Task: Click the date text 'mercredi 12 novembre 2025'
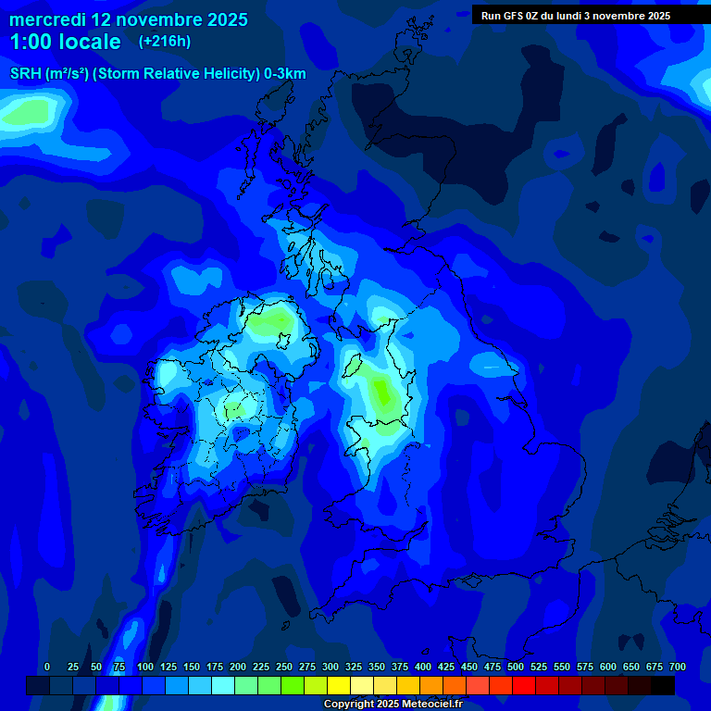(x=129, y=19)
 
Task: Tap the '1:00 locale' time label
(x=65, y=42)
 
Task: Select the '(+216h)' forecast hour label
(x=164, y=42)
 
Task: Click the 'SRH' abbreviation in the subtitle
(x=25, y=74)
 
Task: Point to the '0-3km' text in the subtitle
(x=284, y=74)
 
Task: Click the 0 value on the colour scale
(x=47, y=667)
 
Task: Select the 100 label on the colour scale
(x=145, y=667)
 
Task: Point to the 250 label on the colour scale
(x=284, y=667)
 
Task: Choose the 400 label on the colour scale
(x=423, y=667)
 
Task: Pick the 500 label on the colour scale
(x=516, y=667)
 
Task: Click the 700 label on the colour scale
(x=678, y=667)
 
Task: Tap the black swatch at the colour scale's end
(x=663, y=686)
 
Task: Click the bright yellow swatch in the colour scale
(x=339, y=686)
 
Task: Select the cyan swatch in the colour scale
(x=223, y=686)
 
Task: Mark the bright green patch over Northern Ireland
(x=269, y=322)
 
